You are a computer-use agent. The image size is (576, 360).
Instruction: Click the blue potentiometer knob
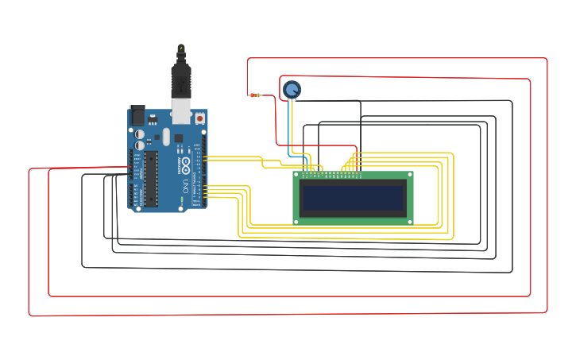point(292,89)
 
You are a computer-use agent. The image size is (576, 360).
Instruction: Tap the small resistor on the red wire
point(255,95)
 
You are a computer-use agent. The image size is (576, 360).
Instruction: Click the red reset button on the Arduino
point(199,119)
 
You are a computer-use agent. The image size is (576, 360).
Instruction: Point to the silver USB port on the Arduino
point(181,111)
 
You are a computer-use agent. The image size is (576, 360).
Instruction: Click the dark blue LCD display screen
point(353,196)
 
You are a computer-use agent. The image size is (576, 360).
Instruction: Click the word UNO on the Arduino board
point(186,188)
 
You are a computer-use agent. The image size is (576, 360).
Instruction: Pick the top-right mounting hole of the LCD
point(409,175)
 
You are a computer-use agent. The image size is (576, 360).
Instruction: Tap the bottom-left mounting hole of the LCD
point(297,221)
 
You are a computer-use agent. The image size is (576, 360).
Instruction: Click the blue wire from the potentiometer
point(288,127)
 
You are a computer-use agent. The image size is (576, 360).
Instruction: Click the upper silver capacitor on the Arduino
point(140,135)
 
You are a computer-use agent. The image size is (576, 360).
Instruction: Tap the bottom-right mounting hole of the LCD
point(409,221)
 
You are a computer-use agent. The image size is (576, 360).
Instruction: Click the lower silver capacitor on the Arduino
point(140,146)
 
